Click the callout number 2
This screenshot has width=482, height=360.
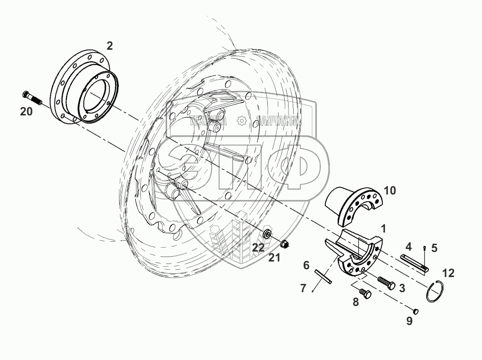coord(110,45)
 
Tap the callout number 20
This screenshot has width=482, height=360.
coord(26,112)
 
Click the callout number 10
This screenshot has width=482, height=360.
coord(389,191)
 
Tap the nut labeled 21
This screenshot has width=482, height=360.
coord(285,244)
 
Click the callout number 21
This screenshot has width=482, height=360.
coord(275,258)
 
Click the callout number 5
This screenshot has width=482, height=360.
coord(434,248)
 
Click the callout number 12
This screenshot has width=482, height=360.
coord(448,273)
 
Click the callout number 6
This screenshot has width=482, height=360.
coord(306,265)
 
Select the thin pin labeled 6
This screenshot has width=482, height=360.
coord(323,277)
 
